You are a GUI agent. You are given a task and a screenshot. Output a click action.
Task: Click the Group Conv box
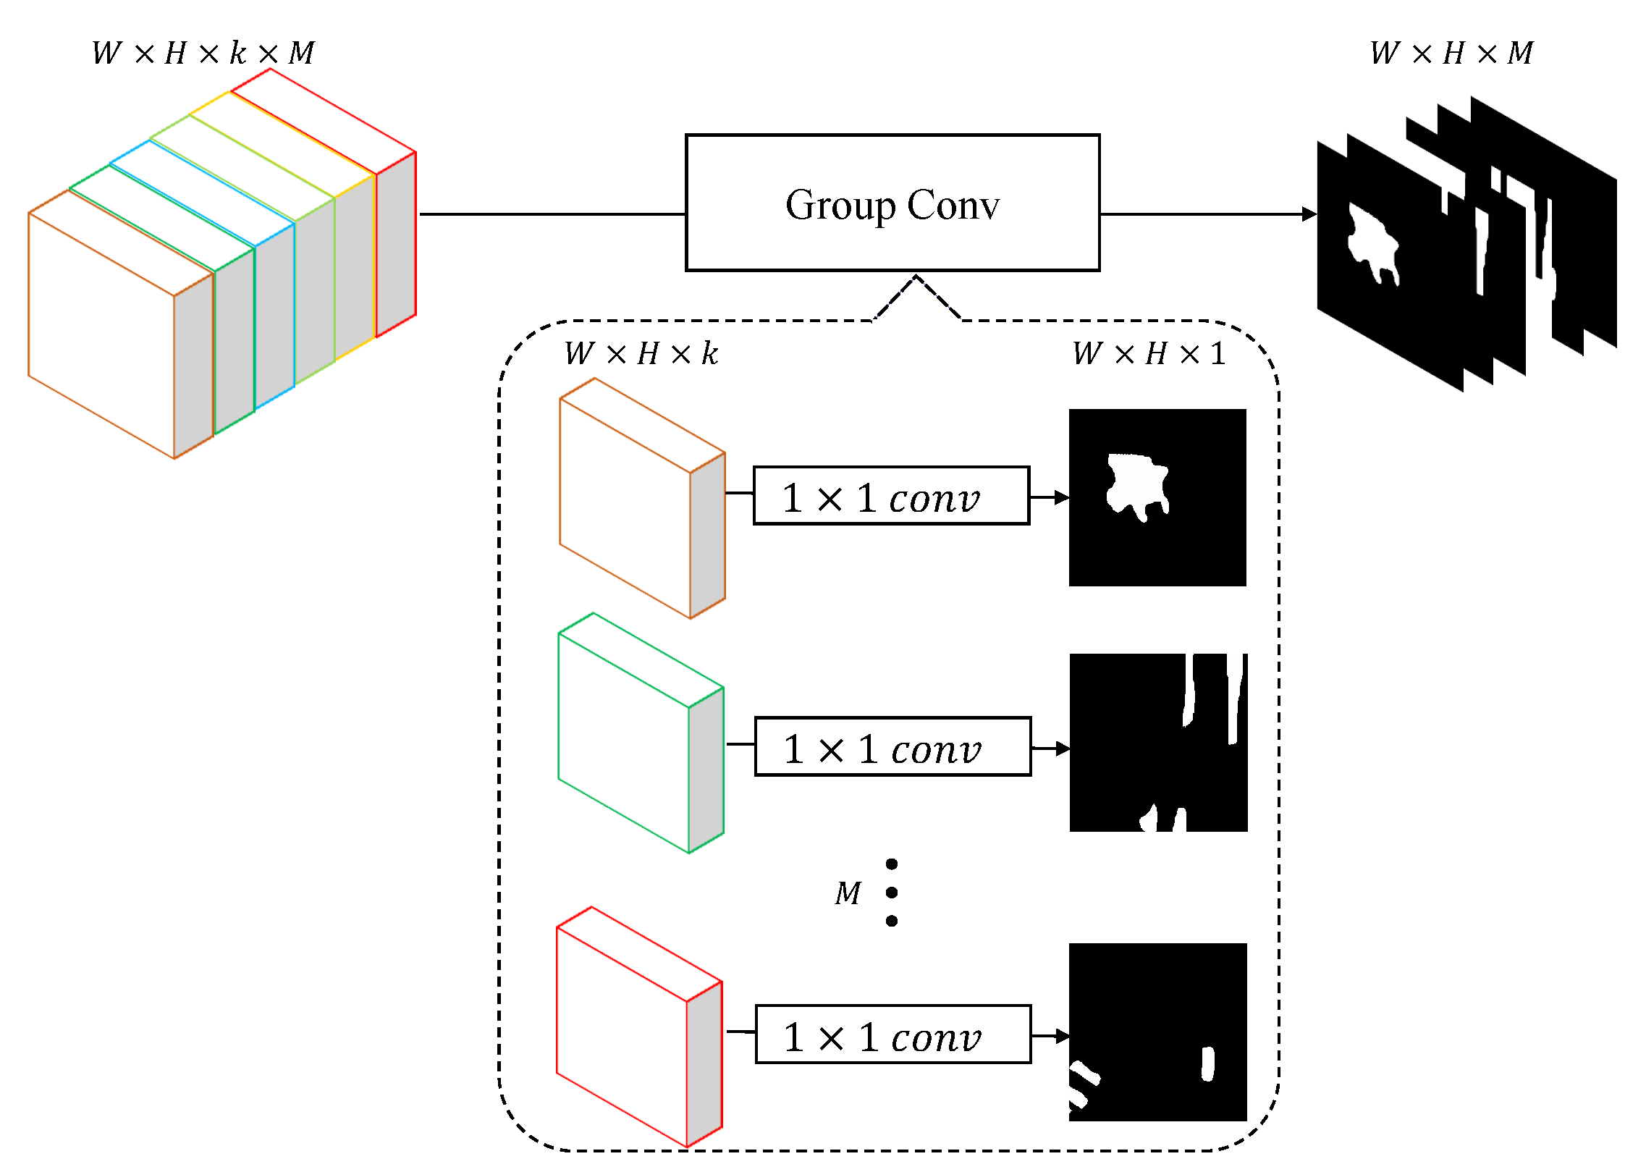click(x=892, y=203)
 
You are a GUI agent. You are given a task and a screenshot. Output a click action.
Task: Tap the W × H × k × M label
click(x=203, y=53)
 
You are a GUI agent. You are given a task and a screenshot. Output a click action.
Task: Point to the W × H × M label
click(x=1451, y=53)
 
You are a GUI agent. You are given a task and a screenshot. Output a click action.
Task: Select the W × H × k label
click(x=641, y=354)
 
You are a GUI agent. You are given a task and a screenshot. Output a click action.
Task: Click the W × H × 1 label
click(x=1149, y=354)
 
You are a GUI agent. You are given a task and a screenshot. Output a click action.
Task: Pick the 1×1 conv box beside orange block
click(x=890, y=496)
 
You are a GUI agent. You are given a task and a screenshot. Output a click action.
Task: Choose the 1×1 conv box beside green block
click(x=892, y=746)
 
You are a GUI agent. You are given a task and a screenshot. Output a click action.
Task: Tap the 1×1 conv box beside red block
click(x=892, y=1034)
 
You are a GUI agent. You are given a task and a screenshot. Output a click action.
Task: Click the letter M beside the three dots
click(x=848, y=893)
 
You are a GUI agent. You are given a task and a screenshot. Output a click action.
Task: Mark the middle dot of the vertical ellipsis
click(x=892, y=893)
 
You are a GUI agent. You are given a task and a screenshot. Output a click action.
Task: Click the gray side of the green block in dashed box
click(x=706, y=770)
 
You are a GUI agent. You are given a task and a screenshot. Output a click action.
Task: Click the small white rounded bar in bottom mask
click(x=1207, y=1063)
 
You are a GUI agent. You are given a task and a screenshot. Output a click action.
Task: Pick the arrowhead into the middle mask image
click(x=1062, y=749)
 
